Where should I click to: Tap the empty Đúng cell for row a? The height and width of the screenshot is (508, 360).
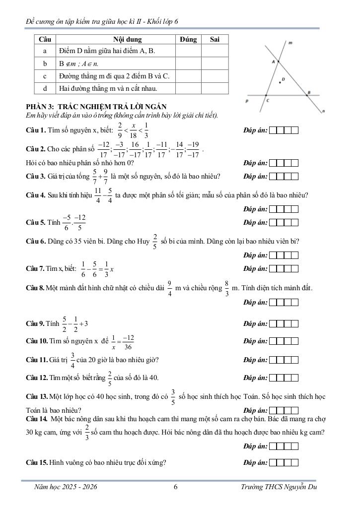(x=188, y=51)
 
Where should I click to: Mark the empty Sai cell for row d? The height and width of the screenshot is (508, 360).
(x=215, y=88)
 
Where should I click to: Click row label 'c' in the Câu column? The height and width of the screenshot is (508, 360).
(x=45, y=76)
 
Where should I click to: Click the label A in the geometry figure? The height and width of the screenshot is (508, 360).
(x=273, y=62)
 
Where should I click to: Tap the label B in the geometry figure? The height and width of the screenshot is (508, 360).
(x=308, y=92)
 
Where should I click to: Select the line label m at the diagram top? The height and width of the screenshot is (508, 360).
(x=290, y=43)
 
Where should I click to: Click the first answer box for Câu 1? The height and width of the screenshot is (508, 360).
(x=272, y=130)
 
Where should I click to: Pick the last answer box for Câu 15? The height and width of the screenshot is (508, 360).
(x=294, y=462)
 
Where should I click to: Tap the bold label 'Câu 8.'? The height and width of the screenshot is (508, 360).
(x=35, y=288)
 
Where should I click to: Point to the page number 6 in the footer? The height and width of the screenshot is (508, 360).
(x=176, y=487)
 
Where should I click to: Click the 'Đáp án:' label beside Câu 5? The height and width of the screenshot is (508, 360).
(x=255, y=222)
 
